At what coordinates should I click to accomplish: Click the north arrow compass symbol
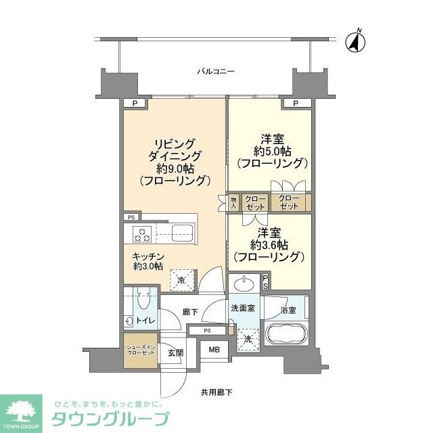[x=355, y=42]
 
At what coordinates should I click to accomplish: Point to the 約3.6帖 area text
[x=269, y=244]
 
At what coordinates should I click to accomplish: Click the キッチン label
[x=147, y=257]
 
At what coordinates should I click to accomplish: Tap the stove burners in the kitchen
[x=142, y=235]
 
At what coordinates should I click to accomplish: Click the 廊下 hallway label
[x=189, y=313]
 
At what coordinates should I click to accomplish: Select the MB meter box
[x=214, y=349]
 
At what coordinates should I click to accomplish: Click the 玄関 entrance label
[x=176, y=352]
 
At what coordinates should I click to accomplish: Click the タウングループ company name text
[x=111, y=418]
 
